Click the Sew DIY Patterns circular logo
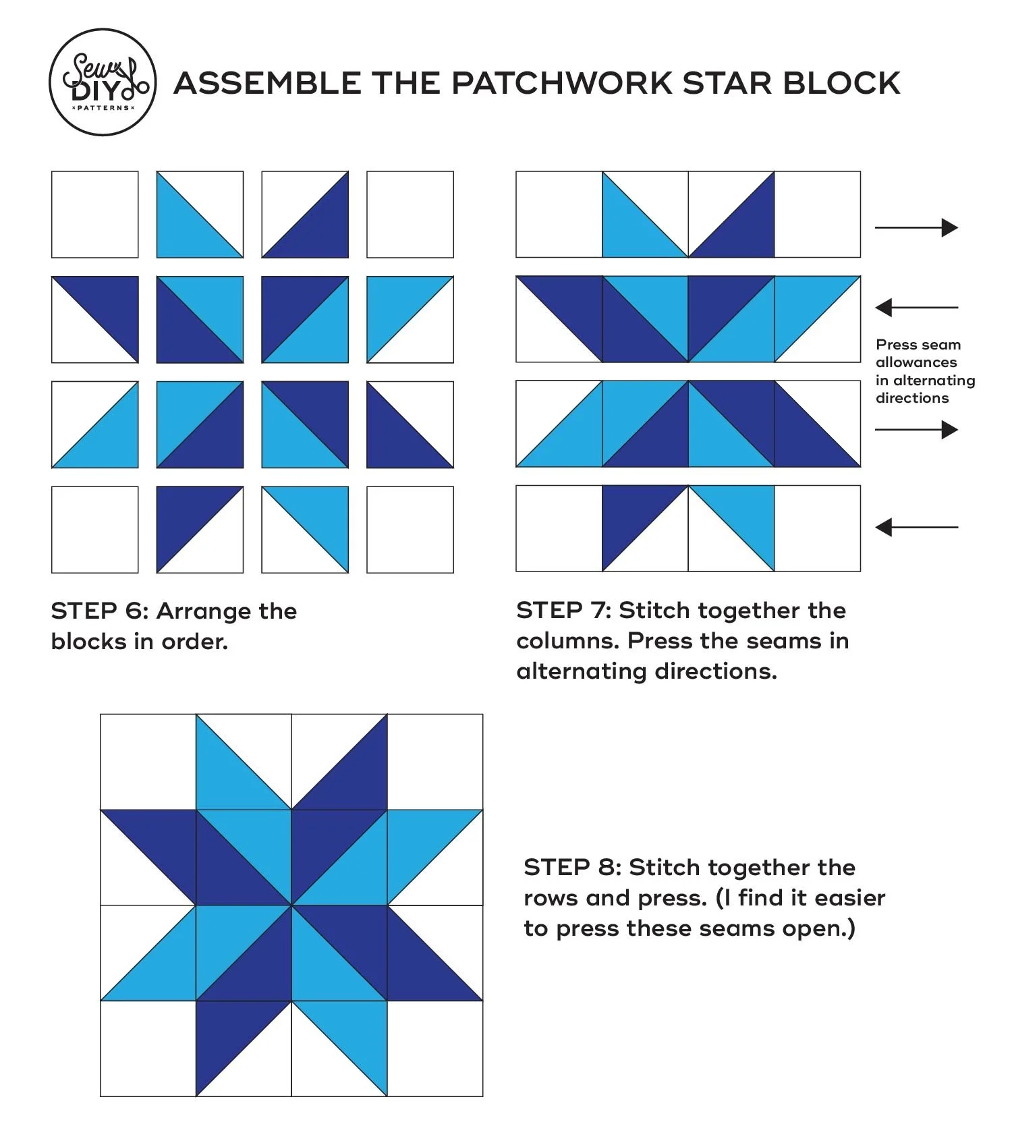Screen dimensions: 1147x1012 click(x=103, y=82)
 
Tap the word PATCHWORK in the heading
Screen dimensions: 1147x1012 click(x=562, y=84)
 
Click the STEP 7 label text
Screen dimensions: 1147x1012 click(x=563, y=611)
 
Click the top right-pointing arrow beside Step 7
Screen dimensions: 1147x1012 click(x=916, y=228)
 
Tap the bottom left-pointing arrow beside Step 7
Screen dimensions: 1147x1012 click(x=916, y=528)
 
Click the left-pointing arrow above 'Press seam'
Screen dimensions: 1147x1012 click(x=916, y=308)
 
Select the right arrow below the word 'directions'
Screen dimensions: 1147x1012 click(x=916, y=430)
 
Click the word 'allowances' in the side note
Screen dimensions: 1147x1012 click(x=916, y=362)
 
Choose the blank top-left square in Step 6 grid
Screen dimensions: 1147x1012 click(x=95, y=215)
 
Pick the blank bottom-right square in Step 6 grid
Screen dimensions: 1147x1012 click(x=410, y=530)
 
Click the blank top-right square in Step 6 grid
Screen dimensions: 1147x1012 click(x=410, y=215)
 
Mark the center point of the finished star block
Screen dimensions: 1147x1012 click(x=291, y=905)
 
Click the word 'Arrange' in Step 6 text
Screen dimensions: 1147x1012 click(x=204, y=611)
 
